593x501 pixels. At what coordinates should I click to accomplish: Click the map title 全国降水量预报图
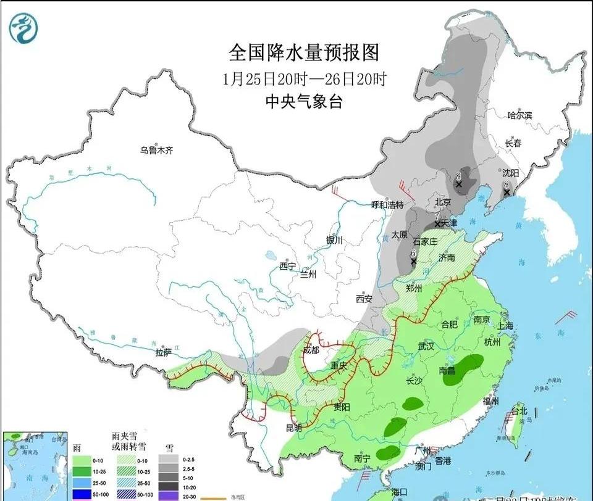pos(303,52)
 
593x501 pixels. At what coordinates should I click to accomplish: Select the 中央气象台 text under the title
pos(304,102)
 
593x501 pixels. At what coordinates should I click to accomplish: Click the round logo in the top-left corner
pos(23,28)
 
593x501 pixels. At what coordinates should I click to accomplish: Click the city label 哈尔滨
pos(519,115)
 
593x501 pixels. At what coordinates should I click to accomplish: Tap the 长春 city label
pos(513,143)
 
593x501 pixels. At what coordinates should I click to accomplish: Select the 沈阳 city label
pos(510,173)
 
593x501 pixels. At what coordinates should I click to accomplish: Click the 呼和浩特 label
pos(387,205)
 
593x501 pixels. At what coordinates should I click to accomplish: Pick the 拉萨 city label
pos(163,352)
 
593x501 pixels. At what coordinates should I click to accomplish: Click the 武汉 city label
pos(426,347)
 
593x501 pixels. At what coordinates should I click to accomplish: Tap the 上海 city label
pos(505,326)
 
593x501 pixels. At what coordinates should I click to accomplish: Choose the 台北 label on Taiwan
pos(518,411)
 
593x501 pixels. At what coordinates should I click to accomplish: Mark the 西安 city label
pos(364,299)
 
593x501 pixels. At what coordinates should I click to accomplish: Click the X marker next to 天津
pos(437,223)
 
